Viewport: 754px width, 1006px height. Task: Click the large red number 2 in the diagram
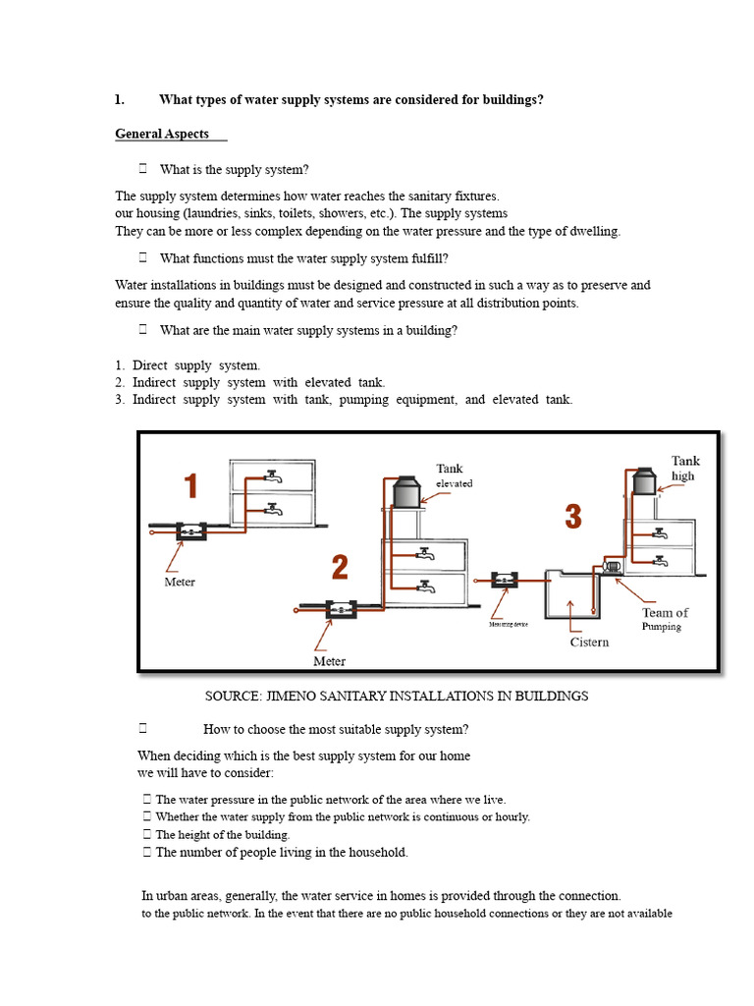pyautogui.click(x=339, y=568)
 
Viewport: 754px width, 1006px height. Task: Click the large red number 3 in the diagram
pyautogui.click(x=572, y=517)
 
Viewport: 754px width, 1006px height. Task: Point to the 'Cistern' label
pyautogui.click(x=589, y=643)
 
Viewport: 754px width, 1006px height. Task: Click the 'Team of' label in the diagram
pyautogui.click(x=665, y=612)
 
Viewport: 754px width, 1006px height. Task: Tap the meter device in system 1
pyautogui.click(x=188, y=531)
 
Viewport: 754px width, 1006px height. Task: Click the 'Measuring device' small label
pyautogui.click(x=509, y=624)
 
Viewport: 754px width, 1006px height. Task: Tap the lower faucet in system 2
pyautogui.click(x=424, y=587)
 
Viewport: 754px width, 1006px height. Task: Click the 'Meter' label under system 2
pyautogui.click(x=329, y=661)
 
